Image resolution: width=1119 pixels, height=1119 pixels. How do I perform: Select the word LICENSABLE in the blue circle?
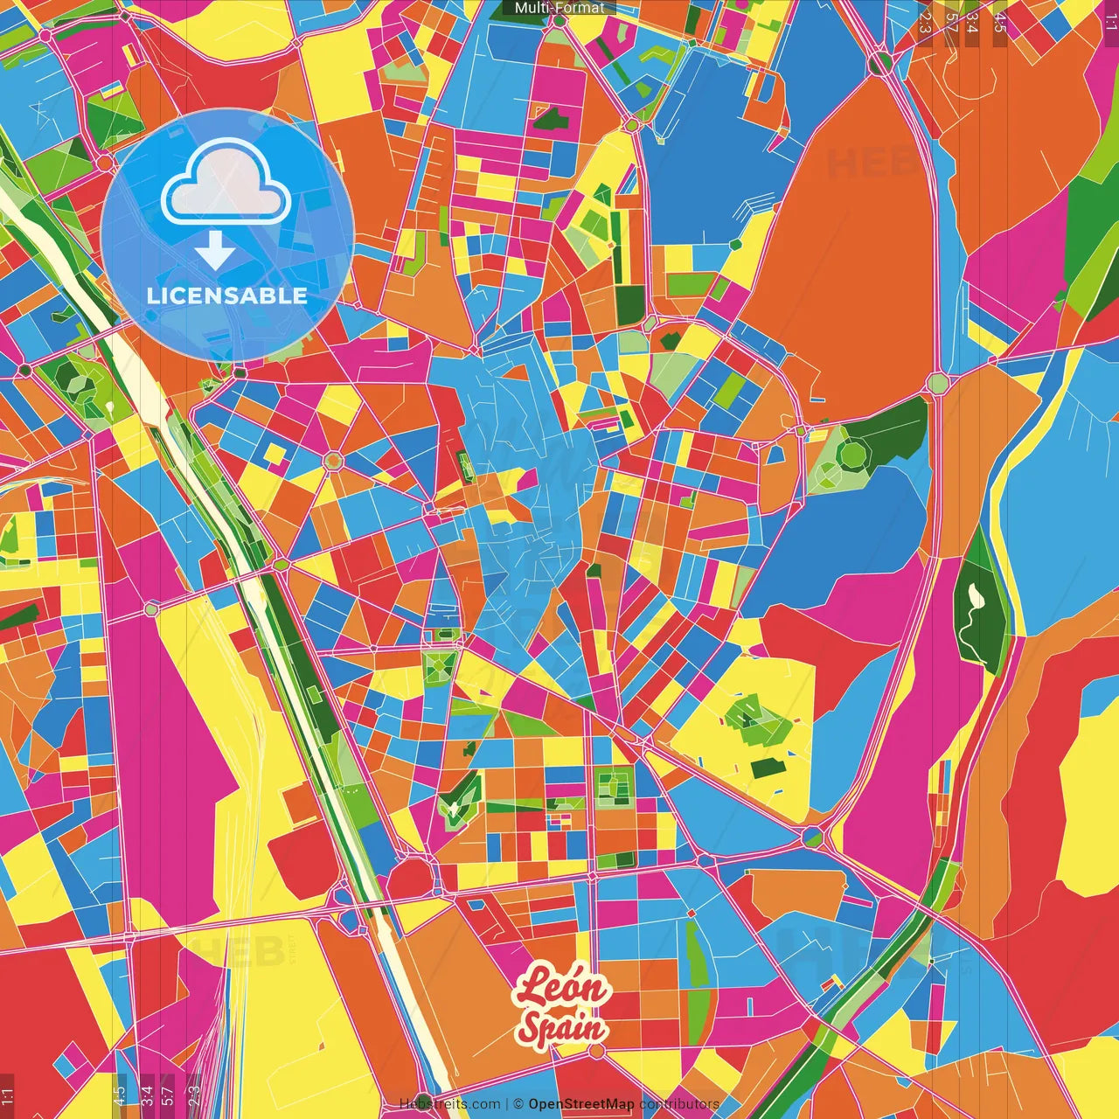[x=227, y=295]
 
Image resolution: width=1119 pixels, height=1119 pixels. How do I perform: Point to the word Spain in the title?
[x=563, y=1026]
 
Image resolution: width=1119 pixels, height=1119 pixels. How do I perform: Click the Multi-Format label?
[x=559, y=8]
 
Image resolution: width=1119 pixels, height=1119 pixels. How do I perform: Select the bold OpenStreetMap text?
[x=581, y=1104]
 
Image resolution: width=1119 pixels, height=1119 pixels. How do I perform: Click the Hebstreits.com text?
[x=449, y=1104]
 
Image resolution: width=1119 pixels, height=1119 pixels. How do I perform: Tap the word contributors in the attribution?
[x=679, y=1104]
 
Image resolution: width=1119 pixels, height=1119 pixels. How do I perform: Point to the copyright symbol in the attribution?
[x=518, y=1104]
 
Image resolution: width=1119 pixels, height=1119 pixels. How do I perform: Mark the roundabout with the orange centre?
[x=333, y=460]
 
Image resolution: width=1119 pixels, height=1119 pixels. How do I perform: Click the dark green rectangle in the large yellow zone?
[x=768, y=767]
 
